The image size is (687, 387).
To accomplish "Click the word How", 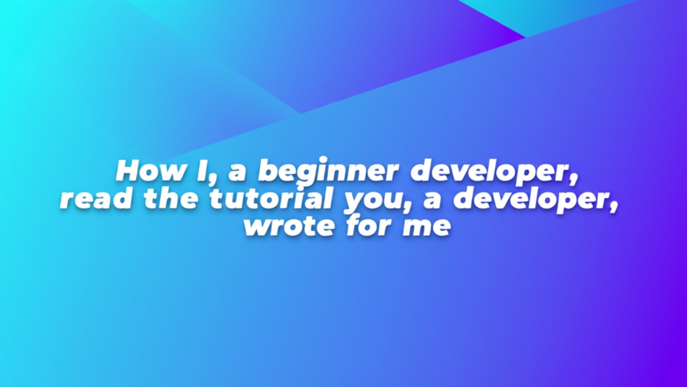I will coord(151,171).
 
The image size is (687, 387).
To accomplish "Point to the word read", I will coord(96,199).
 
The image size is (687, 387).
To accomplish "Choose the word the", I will coord(171,199).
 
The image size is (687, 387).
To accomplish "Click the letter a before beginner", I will coord(238,173).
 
